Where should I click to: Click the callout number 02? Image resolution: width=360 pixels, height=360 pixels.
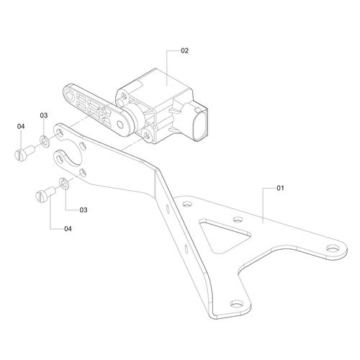pos(184,51)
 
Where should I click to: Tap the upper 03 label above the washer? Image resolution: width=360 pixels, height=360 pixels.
pos(44,115)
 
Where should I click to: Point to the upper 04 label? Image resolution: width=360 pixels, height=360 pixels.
pos(21,127)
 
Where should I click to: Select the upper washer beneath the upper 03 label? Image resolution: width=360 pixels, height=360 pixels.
pos(44,138)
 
